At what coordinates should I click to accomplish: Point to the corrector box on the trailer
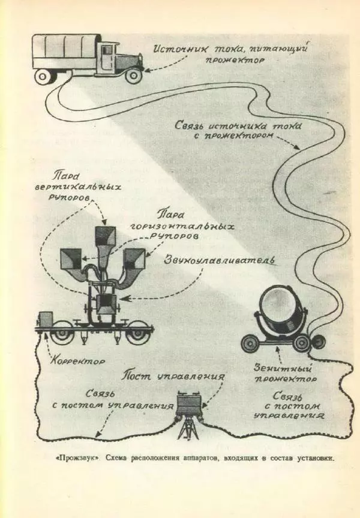pos(46,320)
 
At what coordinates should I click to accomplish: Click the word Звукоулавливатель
pos(220,262)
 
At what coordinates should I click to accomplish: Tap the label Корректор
pos(78,361)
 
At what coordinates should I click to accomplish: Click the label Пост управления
pos(173,377)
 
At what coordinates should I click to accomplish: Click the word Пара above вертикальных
pos(64,176)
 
